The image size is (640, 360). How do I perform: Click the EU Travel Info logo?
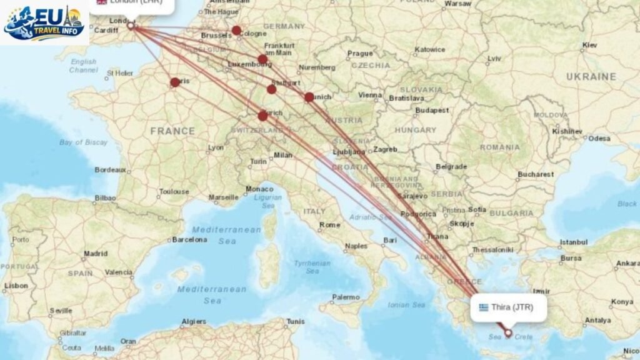pos(44,22)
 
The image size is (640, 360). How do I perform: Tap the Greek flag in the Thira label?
pos(484,307)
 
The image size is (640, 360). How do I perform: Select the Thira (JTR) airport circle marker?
pos(508,333)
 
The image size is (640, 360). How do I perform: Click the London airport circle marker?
pos(131,26)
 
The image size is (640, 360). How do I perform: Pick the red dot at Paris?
pos(175,82)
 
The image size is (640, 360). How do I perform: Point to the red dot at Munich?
pos(309,97)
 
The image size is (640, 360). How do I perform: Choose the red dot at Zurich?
pos(262,116)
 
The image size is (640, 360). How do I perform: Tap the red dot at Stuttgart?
pos(271,89)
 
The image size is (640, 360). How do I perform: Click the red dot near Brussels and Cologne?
pos(236,30)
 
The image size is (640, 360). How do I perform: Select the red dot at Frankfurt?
pos(262,59)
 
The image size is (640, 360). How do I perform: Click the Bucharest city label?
pos(536,174)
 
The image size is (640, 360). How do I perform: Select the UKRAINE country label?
pos(591,77)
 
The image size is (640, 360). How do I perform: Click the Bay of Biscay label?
pos(79,142)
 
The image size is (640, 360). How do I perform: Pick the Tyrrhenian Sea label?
pos(312,267)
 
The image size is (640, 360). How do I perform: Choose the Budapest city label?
pos(432,110)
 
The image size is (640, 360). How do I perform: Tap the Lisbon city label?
pos(16,286)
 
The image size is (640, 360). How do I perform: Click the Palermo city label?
pos(347,297)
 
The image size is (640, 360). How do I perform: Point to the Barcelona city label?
pos(189,239)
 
